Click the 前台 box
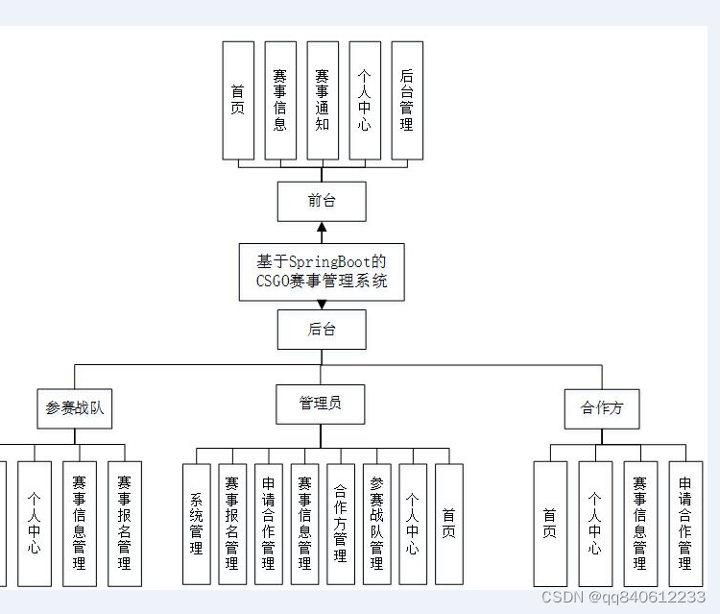point(322,201)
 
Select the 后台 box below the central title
point(322,330)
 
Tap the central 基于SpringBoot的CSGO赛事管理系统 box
point(322,272)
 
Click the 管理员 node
point(321,404)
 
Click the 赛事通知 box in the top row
point(323,100)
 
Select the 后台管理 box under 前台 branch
point(407,100)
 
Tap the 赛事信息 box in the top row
point(279,100)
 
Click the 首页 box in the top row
point(238,100)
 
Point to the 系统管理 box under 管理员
point(197,524)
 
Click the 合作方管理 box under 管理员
point(340,524)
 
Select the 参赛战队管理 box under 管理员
point(376,524)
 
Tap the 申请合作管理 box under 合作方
point(685,524)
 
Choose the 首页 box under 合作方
point(550,524)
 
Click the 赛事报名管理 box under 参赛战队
point(125,524)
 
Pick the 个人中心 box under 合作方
point(595,524)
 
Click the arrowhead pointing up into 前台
point(322,229)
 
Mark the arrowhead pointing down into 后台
point(322,305)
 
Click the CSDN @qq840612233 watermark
point(623,597)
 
